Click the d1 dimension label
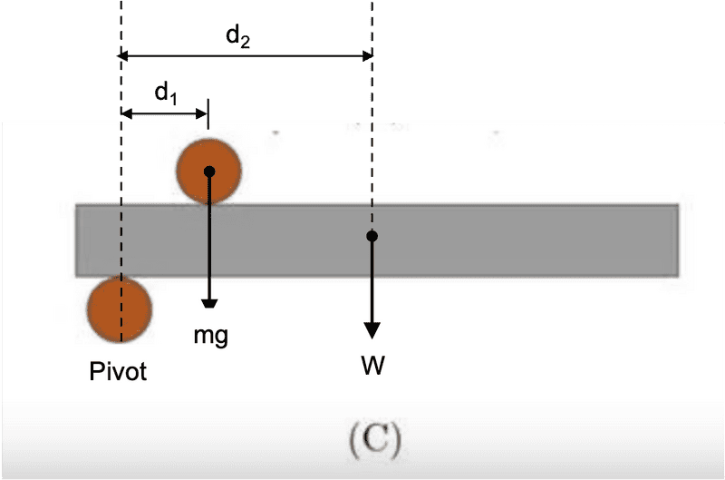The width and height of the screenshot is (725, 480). (x=164, y=93)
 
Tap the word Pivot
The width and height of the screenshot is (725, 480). (x=118, y=371)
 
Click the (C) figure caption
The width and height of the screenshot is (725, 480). (x=375, y=440)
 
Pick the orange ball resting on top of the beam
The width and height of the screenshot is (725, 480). (x=208, y=171)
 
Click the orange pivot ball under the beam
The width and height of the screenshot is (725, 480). (x=119, y=309)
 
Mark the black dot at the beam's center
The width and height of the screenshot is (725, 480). (x=372, y=236)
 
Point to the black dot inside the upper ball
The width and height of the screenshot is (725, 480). (x=209, y=171)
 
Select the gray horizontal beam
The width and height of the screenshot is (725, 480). (x=507, y=240)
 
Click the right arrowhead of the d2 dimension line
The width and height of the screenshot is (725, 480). (x=366, y=56)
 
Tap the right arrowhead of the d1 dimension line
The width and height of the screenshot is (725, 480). (x=203, y=114)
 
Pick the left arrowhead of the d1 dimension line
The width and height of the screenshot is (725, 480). (x=126, y=114)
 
